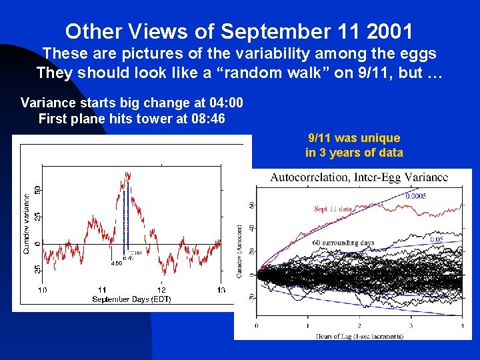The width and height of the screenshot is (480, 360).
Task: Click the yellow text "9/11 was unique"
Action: pyautogui.click(x=354, y=138)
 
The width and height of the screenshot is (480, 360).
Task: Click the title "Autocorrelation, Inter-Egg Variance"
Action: pyautogui.click(x=359, y=177)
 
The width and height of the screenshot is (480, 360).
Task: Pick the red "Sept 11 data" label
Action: pyautogui.click(x=333, y=209)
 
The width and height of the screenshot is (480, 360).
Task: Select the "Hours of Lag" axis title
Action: pyautogui.click(x=359, y=337)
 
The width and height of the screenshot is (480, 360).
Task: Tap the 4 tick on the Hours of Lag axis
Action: pyautogui.click(x=461, y=326)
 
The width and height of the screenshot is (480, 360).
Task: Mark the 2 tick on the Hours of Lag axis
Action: pyautogui.click(x=359, y=326)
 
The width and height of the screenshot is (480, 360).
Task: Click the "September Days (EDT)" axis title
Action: pyautogui.click(x=131, y=299)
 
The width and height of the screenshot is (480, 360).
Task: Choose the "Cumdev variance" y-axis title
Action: pyautogui.click(x=27, y=223)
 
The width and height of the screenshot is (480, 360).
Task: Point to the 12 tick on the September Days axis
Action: pyautogui.click(x=161, y=290)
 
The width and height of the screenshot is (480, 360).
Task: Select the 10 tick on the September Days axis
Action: pyautogui.click(x=42, y=290)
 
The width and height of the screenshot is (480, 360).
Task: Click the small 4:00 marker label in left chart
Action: pyautogui.click(x=116, y=263)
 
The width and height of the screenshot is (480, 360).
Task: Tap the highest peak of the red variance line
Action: pyautogui.click(x=126, y=173)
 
